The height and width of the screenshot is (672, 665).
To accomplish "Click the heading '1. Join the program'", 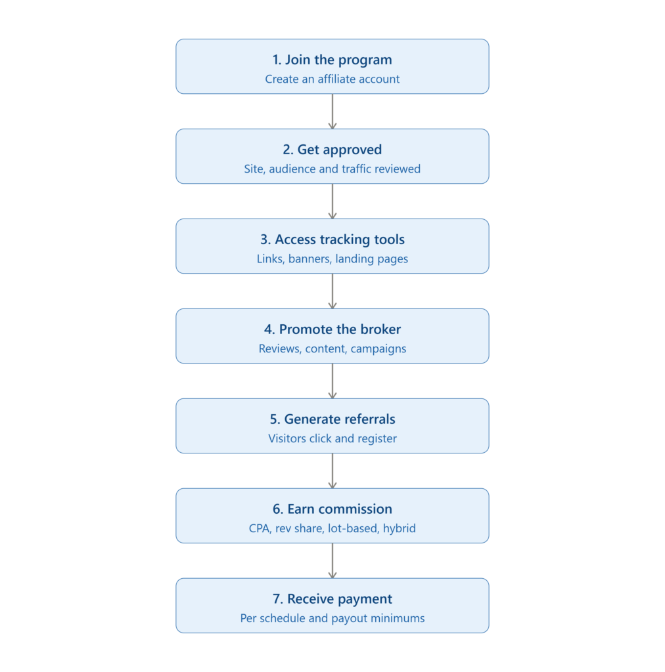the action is tap(332, 60).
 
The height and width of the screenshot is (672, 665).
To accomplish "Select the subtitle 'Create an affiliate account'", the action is tap(332, 79).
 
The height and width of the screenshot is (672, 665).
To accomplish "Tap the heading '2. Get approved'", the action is tap(332, 150).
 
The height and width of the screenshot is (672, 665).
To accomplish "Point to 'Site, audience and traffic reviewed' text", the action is tap(332, 169).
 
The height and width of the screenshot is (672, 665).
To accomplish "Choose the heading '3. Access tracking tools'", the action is tap(332, 240).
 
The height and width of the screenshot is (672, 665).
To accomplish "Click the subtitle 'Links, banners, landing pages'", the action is tap(332, 259).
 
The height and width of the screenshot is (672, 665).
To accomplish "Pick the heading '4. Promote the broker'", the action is tap(332, 329).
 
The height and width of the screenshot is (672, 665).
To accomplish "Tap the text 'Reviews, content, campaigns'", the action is tap(332, 349).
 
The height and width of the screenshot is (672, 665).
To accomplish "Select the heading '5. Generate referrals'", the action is tap(332, 419).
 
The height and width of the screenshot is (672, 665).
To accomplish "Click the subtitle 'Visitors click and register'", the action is tap(332, 438).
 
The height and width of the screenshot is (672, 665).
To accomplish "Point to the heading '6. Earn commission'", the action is tap(332, 509).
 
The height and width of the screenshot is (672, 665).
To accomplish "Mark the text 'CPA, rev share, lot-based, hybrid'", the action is tap(332, 528).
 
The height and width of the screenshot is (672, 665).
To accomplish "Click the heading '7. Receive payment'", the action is tap(332, 599).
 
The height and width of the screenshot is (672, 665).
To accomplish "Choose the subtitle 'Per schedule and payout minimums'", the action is tap(332, 618).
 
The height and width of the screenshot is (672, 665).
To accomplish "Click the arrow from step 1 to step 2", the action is tap(332, 112).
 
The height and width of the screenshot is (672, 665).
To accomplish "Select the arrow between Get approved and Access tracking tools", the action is tap(332, 201).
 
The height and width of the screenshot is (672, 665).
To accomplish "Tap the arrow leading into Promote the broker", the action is tap(332, 291).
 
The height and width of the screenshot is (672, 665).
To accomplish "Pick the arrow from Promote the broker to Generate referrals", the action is tap(332, 381).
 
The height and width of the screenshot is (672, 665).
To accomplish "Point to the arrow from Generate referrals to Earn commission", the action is tap(332, 471).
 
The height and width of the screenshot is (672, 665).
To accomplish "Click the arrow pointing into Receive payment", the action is tap(332, 560).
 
